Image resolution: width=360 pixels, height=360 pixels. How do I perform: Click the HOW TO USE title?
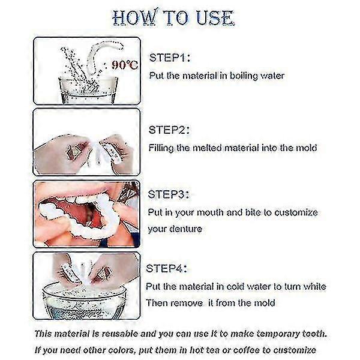click(172, 17)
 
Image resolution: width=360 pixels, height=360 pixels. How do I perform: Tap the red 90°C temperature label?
click(125, 64)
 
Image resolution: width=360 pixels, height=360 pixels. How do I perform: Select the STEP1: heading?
click(169, 58)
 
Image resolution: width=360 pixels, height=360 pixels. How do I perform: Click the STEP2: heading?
click(169, 129)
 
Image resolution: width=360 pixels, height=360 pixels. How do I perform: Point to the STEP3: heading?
click(169, 194)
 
